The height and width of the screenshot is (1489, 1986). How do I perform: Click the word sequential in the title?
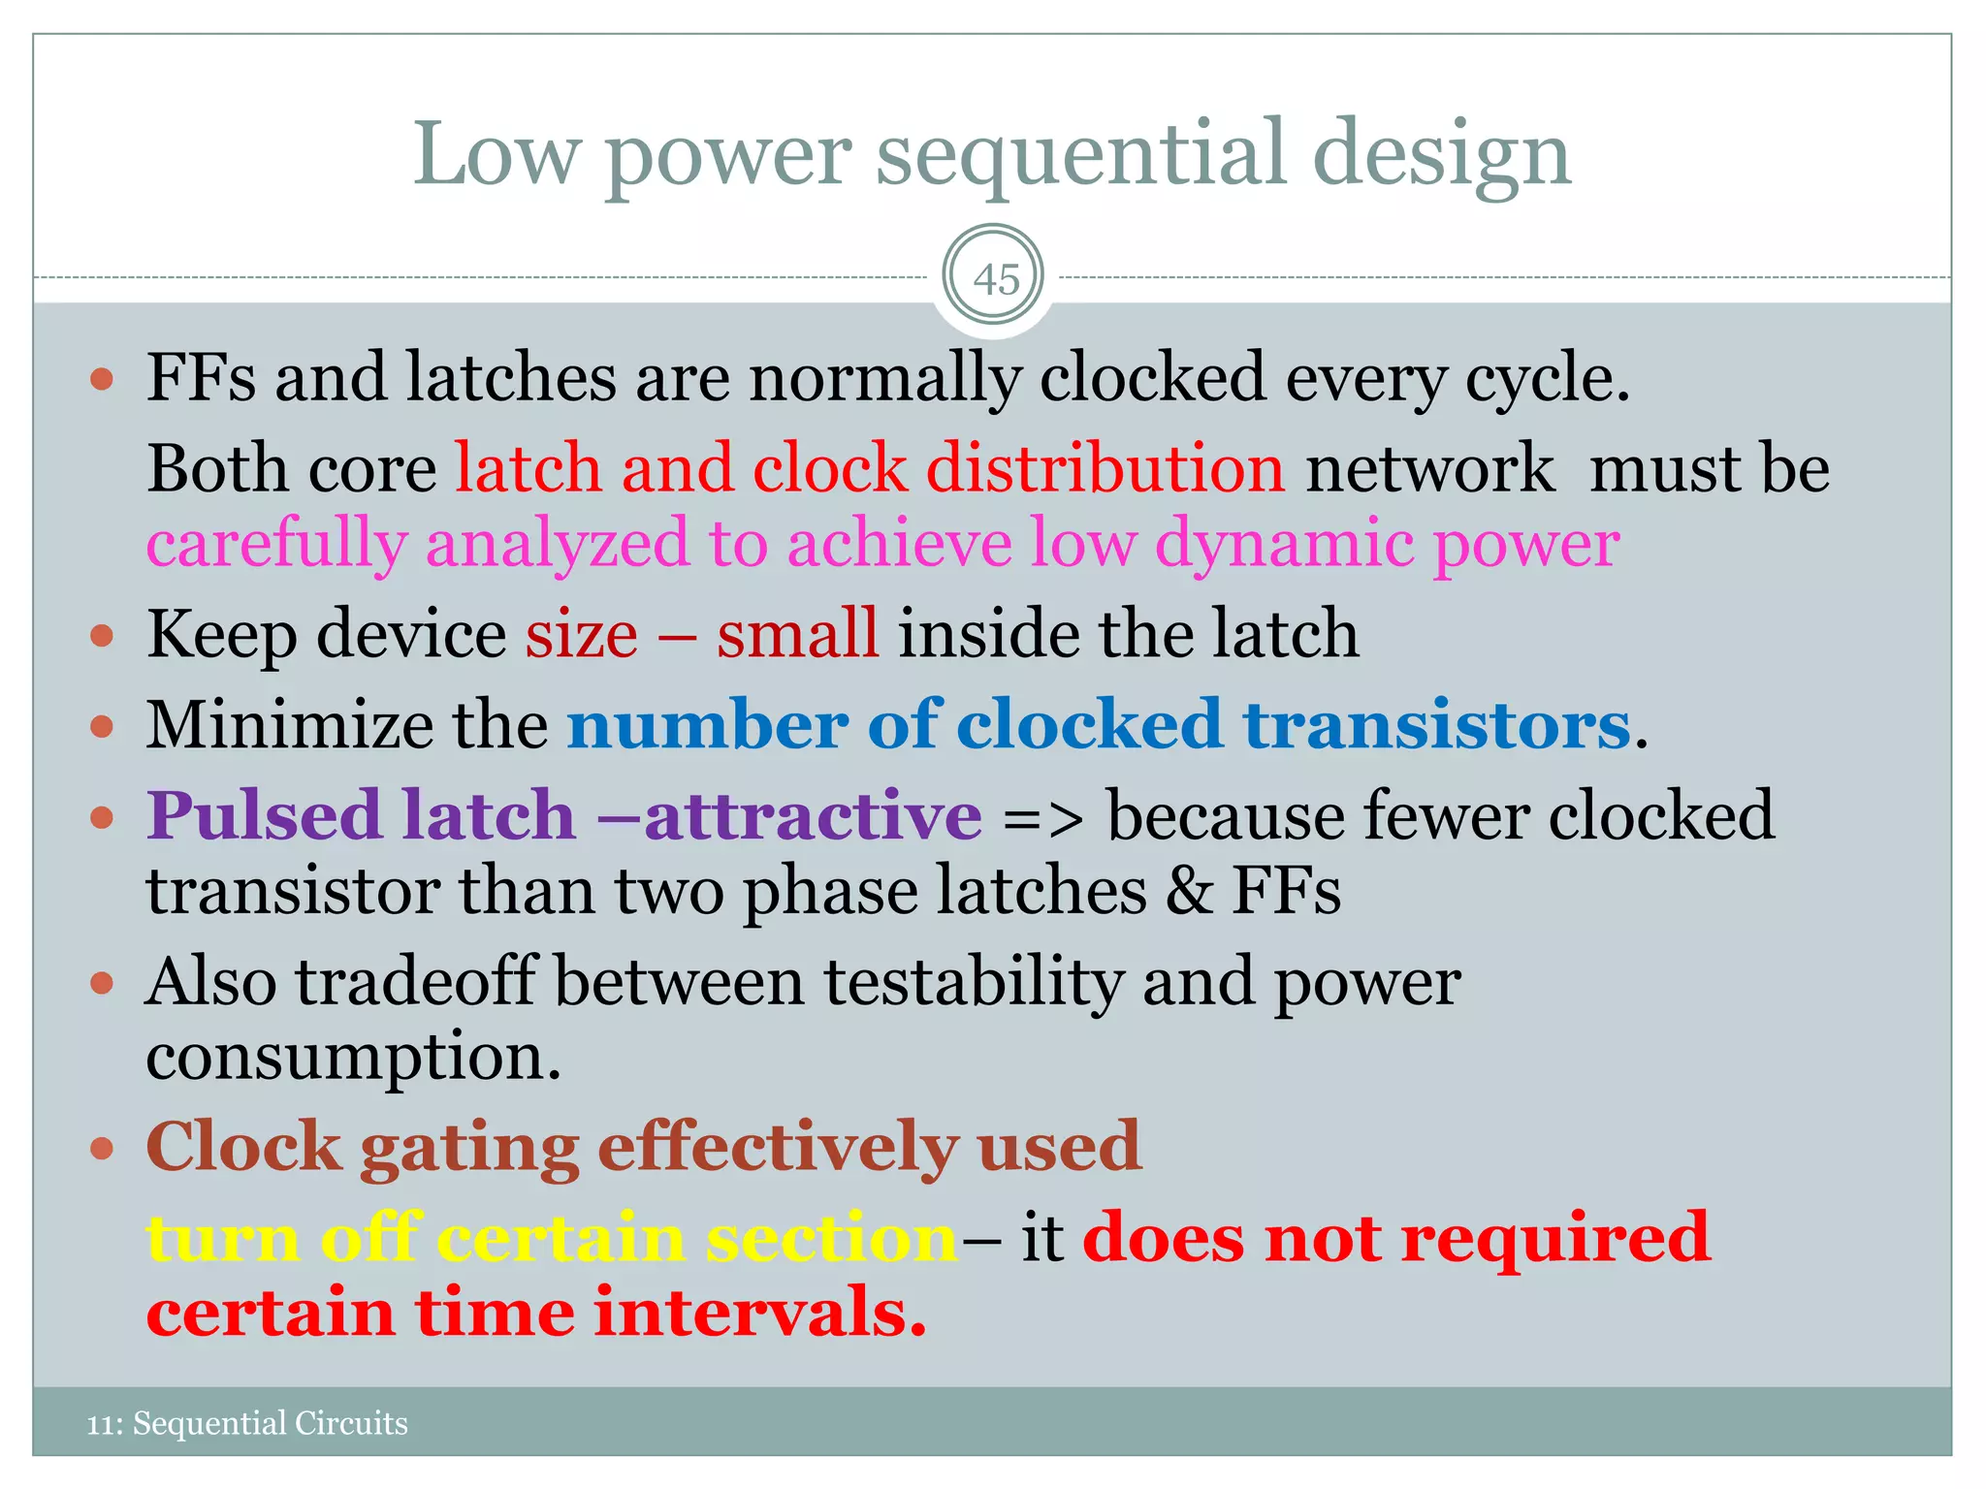click(1081, 155)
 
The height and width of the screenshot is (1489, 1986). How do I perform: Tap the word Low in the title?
click(496, 155)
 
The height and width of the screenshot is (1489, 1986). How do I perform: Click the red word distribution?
click(1105, 469)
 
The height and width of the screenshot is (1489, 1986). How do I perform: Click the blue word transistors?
click(1436, 725)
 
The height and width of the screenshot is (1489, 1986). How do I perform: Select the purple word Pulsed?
click(263, 815)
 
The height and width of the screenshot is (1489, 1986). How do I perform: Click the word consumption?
click(352, 1057)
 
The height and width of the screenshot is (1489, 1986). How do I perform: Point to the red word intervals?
click(756, 1313)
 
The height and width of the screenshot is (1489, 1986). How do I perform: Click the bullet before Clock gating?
click(102, 1150)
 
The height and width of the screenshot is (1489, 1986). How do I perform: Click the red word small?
click(797, 634)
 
